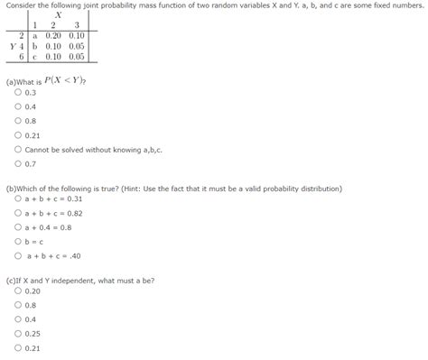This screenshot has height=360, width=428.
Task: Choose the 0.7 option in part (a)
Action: (18, 163)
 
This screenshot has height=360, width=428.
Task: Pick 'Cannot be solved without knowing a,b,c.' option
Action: (18, 149)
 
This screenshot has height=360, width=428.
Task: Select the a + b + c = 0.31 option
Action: (18, 198)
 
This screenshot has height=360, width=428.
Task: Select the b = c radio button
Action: (18, 241)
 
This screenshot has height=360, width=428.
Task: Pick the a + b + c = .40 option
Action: (18, 255)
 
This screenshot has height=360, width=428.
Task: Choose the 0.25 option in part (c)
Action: (18, 333)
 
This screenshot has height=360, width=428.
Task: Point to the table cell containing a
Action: (35, 35)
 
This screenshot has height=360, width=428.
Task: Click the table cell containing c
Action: (35, 55)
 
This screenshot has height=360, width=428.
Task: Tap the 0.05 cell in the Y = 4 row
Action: (78, 45)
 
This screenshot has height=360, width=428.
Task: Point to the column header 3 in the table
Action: (78, 25)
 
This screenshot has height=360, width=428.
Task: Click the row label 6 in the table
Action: (22, 55)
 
